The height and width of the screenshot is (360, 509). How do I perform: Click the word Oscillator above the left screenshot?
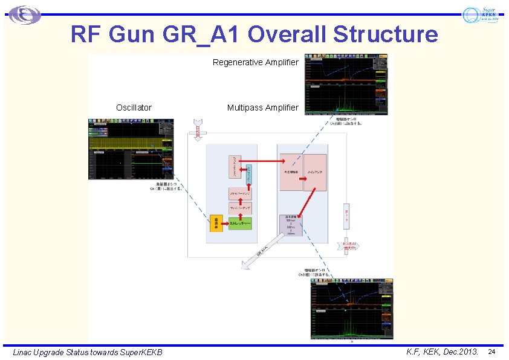pos(134,108)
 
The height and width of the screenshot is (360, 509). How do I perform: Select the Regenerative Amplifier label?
pos(256,62)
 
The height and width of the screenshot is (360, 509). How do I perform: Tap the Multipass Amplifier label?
pos(262,108)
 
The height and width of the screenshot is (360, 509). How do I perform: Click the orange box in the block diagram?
pos(216,223)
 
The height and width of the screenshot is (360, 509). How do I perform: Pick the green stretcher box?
pos(240,224)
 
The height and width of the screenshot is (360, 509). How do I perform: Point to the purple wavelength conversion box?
pos(291,225)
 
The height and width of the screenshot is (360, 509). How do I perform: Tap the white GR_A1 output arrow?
pos(264,250)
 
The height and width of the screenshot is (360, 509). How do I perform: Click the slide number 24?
pos(491,352)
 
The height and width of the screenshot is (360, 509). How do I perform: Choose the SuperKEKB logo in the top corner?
pos(481,15)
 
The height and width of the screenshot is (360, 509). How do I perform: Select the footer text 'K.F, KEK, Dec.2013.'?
pos(443,352)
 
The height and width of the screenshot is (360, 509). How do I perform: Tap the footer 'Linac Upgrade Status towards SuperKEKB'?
pos(88,352)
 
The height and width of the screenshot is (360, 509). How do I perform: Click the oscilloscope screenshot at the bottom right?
pos(351,309)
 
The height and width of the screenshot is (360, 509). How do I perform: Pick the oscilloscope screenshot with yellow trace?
pos(131,149)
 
